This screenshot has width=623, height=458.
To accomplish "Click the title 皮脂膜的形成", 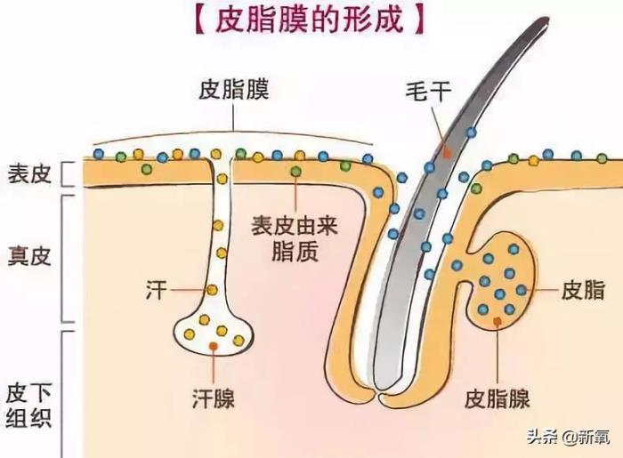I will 311,20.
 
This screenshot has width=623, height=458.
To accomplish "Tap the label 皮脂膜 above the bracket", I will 234,89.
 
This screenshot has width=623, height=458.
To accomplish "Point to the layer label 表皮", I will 28,172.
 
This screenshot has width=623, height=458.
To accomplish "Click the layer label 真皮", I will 28,257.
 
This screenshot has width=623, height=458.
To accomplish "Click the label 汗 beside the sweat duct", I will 155,290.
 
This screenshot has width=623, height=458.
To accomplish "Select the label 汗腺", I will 214,397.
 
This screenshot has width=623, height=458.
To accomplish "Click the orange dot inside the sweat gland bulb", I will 214,345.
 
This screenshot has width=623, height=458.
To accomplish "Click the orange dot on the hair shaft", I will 448,153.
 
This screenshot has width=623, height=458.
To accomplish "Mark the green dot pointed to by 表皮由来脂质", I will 295,170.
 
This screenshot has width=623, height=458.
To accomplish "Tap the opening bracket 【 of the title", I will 199,20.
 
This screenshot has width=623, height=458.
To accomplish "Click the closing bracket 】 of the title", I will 424,20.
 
